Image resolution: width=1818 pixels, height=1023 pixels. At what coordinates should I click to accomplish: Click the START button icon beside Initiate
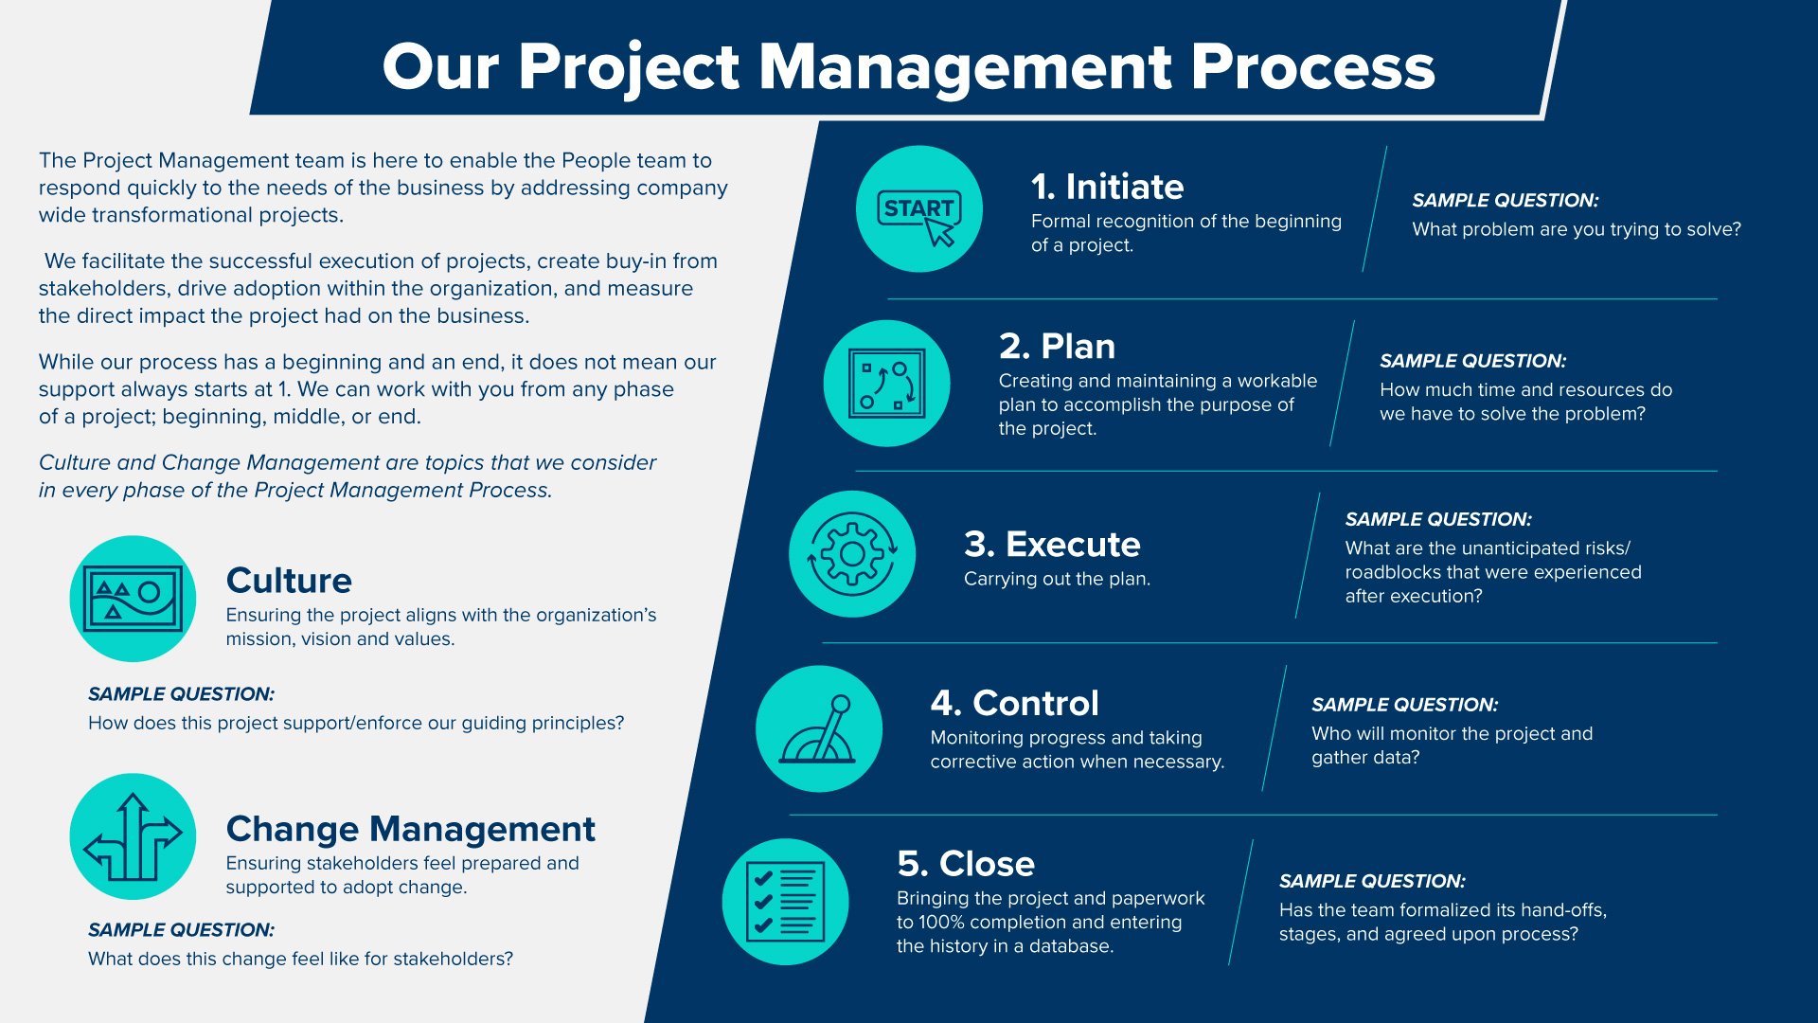point(918,209)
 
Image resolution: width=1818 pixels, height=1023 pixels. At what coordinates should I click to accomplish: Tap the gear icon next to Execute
point(852,554)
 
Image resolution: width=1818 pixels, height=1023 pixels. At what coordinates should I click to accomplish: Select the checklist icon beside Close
point(785,902)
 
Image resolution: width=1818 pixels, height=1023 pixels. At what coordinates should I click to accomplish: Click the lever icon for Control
point(819,729)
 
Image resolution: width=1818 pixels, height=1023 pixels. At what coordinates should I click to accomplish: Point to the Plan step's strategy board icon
point(886,384)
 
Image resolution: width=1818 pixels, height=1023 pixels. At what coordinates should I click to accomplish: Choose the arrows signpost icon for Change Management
point(133,837)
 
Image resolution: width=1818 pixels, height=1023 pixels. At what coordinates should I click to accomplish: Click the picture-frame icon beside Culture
point(133,599)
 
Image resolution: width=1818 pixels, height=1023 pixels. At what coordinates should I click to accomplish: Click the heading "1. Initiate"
point(1107,187)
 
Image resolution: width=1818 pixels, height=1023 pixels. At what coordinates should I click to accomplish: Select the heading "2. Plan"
point(1057,347)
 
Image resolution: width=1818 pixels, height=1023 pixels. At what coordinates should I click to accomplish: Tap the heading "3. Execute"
point(1052,545)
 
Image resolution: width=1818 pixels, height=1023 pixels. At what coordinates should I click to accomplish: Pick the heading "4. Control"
point(1014,703)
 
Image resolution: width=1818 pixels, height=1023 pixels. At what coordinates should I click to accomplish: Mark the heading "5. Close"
point(966,864)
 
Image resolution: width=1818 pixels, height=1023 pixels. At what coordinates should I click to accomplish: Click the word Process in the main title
point(1312,68)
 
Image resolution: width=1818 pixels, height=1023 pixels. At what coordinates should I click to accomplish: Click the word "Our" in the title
point(440,68)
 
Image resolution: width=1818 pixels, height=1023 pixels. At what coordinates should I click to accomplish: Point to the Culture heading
point(289,581)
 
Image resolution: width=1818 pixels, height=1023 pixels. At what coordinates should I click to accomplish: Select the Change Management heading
point(410,829)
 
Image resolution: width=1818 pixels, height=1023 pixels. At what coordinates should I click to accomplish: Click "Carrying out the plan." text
point(1057,579)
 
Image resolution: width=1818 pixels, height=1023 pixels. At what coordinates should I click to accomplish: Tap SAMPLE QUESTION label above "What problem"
point(1505,201)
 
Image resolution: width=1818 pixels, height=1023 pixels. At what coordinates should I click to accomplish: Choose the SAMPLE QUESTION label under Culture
point(181,694)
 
